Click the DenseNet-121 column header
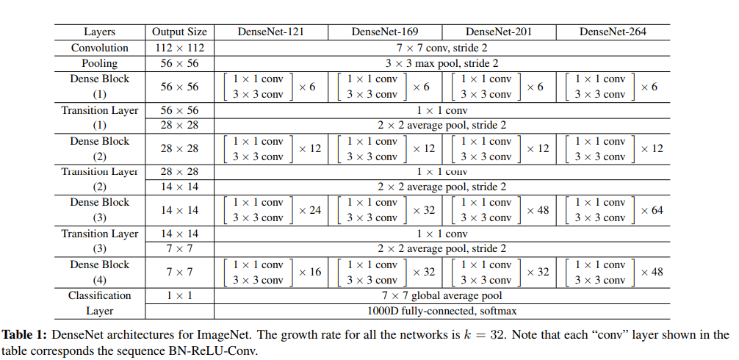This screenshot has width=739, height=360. point(270,32)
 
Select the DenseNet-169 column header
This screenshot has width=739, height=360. point(384,32)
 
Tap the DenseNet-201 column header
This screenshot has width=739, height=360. point(499,32)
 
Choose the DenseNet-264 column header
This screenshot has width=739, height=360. point(613,32)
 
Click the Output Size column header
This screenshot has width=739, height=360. point(179,32)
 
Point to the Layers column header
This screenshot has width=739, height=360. point(100,32)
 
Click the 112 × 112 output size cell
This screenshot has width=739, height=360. point(179,48)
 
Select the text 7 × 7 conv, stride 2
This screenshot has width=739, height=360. point(441,48)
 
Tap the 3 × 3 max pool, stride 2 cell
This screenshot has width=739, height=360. point(441,63)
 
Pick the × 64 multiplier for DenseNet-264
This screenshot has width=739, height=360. point(652,210)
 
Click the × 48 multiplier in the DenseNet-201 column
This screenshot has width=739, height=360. point(538,210)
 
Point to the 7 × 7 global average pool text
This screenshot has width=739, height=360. point(441,295)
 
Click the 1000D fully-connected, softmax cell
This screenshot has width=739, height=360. point(441,311)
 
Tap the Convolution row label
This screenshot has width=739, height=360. point(100,48)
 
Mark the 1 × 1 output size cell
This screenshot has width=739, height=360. point(179,295)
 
